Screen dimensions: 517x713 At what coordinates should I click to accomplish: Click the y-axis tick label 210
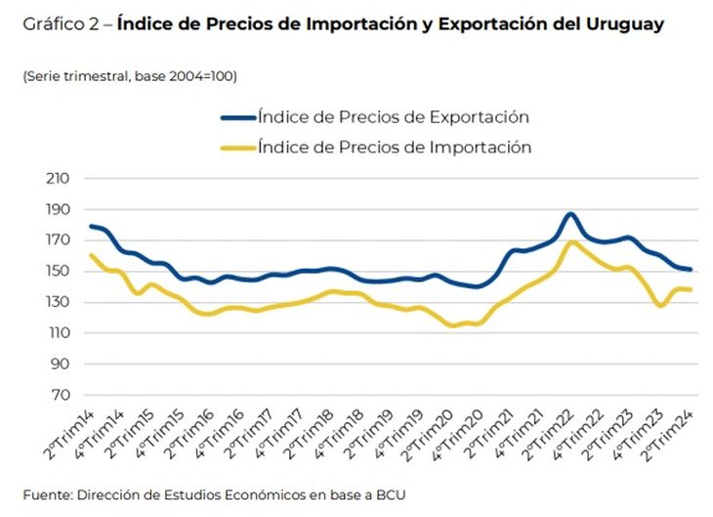[59, 178]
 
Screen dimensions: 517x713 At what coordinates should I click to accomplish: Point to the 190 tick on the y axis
[59, 209]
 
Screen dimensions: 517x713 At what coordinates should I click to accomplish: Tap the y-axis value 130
[59, 302]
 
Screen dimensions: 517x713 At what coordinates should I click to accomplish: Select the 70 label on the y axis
[62, 395]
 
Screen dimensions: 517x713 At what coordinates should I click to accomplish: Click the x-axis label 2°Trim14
[70, 428]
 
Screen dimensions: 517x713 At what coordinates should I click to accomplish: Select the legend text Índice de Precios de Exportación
[394, 117]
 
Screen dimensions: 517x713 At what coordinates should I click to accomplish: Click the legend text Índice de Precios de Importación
[395, 148]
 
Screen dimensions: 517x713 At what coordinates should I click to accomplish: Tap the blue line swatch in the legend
[237, 117]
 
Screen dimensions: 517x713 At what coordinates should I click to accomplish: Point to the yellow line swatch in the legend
[237, 148]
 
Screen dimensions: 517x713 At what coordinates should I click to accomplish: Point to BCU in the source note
[389, 495]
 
